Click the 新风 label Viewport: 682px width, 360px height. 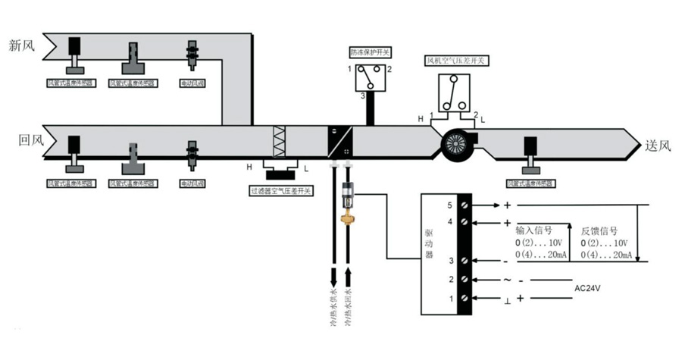pyautogui.click(x=22, y=46)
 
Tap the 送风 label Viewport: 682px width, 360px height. pyautogui.click(x=659, y=146)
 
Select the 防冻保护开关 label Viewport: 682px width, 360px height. pyautogui.click(x=370, y=53)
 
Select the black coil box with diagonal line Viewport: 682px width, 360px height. pyautogui.click(x=340, y=141)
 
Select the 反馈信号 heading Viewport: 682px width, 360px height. pyautogui.click(x=599, y=230)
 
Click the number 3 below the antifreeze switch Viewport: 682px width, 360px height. pyautogui.click(x=362, y=96)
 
